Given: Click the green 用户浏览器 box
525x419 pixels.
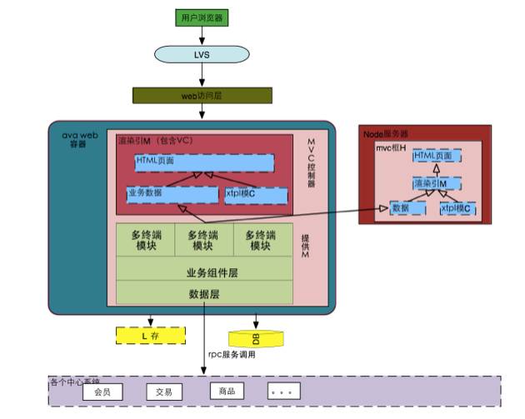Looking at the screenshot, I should tap(202, 17).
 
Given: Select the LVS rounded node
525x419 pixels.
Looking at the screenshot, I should tap(202, 53).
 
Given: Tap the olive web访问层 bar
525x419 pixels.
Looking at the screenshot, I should tap(202, 96).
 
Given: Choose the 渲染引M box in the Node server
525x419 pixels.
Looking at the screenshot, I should tap(434, 183).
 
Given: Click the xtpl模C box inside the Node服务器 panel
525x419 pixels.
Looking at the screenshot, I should tap(457, 208).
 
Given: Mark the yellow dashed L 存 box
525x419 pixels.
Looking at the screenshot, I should tap(150, 336).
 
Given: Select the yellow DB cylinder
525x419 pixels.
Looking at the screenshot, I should tap(255, 337).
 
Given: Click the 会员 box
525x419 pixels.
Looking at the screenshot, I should tap(102, 392).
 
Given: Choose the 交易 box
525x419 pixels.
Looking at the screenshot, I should tap(163, 392).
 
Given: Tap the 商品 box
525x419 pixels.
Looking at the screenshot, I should tap(227, 391).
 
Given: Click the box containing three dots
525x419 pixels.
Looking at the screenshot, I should tap(283, 391).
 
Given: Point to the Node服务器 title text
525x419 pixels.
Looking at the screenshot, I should tap(385, 134).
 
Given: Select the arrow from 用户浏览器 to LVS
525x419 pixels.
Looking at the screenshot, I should tap(202, 35).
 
